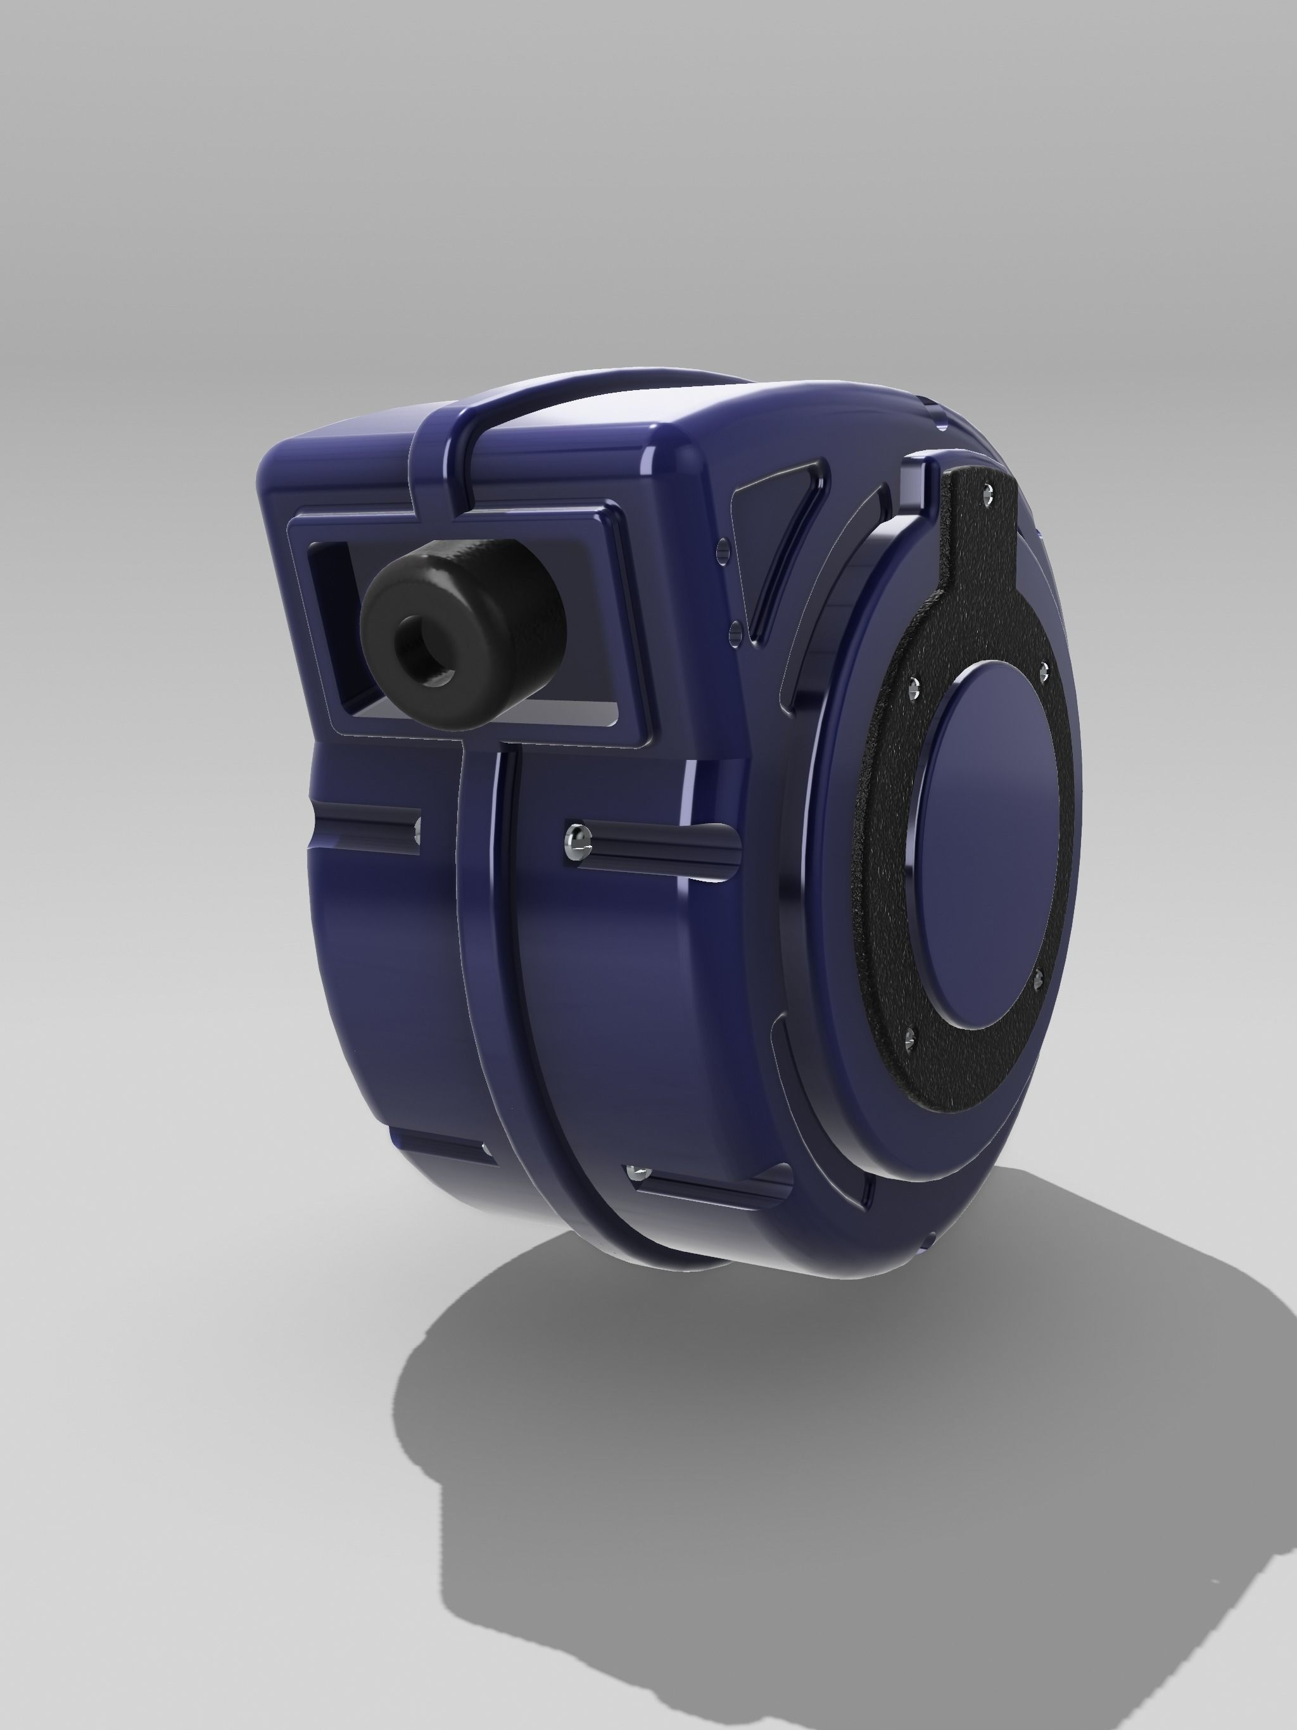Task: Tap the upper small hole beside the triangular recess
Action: click(723, 545)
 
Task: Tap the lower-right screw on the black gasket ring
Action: click(1039, 976)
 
